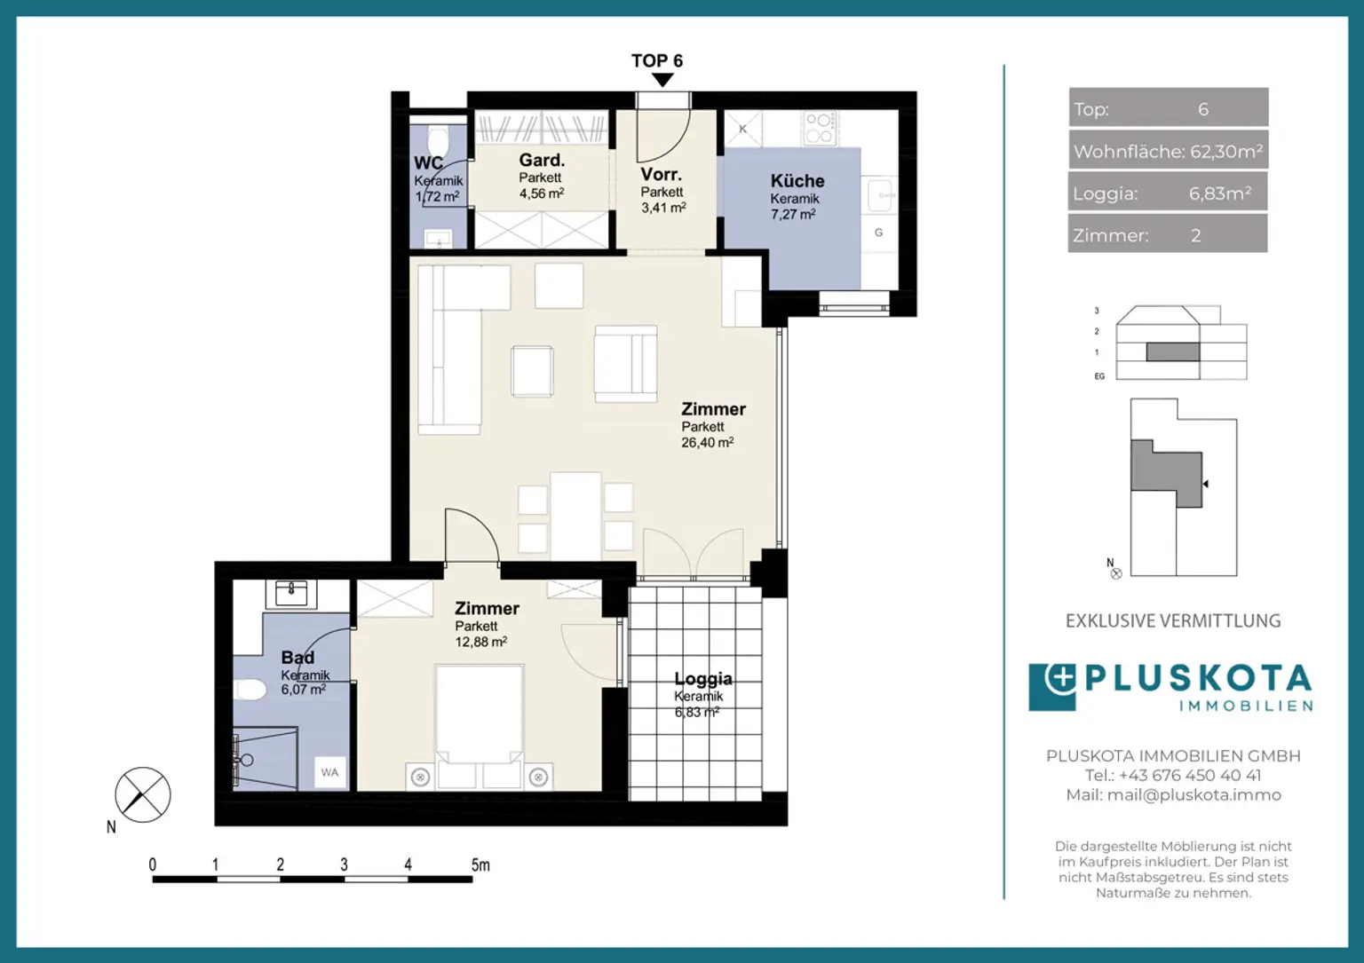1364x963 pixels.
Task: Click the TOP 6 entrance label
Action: (656, 60)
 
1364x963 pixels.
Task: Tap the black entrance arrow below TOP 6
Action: (662, 80)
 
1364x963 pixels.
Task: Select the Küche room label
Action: (797, 181)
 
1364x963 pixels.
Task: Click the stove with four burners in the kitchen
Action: (819, 128)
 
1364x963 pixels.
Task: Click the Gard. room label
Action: (542, 161)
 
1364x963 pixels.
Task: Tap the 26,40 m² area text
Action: (707, 443)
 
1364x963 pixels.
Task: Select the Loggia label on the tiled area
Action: (702, 679)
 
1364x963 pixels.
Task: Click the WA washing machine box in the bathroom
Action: (329, 772)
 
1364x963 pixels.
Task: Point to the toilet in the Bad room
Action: (250, 690)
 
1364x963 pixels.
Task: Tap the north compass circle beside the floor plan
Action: (143, 794)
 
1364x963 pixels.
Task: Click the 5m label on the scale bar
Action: (480, 864)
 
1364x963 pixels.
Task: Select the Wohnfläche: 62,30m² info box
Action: (1168, 151)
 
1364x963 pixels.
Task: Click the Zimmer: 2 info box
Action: (1168, 235)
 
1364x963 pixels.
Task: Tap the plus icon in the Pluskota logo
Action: (1059, 679)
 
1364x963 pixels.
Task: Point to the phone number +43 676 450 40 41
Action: (1189, 776)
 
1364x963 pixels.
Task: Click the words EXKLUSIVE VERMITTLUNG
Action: (1173, 621)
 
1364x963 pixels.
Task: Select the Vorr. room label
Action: (661, 175)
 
